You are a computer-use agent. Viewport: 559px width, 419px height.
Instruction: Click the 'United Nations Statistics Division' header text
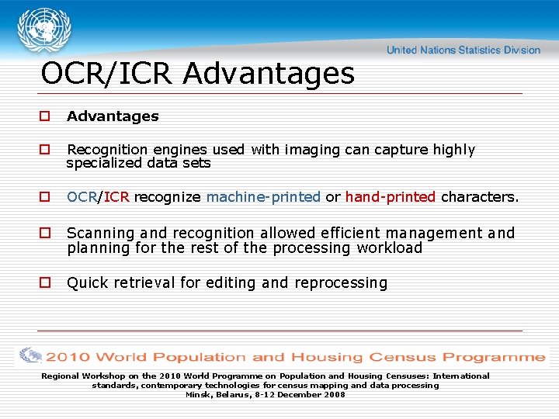pyautogui.click(x=463, y=50)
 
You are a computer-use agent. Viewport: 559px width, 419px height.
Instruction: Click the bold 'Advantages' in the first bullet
pyautogui.click(x=113, y=116)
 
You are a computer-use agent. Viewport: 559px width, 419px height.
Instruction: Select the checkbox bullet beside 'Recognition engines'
pyautogui.click(x=45, y=150)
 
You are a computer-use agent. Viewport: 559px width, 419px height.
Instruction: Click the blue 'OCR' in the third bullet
pyautogui.click(x=82, y=197)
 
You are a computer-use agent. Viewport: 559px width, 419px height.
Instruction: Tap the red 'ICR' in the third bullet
pyautogui.click(x=116, y=197)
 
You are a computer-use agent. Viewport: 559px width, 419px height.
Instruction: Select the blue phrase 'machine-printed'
pyautogui.click(x=263, y=197)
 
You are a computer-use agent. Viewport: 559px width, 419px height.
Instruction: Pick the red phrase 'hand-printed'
pyautogui.click(x=390, y=197)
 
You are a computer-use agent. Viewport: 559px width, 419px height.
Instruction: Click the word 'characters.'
pyautogui.click(x=479, y=197)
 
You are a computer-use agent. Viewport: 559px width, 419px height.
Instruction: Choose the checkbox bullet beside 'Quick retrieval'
pyautogui.click(x=45, y=283)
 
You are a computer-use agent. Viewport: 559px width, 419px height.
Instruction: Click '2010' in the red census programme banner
pyautogui.click(x=68, y=358)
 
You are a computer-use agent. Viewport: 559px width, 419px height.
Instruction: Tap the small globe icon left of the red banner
pyautogui.click(x=31, y=356)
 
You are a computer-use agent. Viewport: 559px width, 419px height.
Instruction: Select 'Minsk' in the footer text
pyautogui.click(x=198, y=395)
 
